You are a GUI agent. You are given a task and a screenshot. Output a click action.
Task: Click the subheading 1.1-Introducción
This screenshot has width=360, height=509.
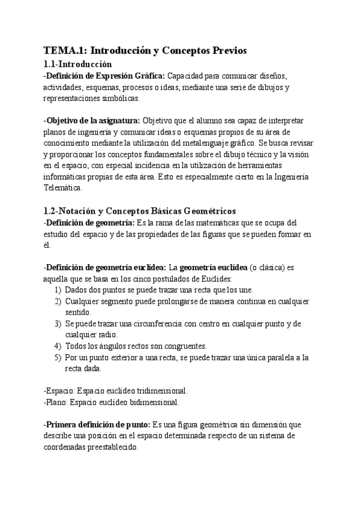click(x=78, y=64)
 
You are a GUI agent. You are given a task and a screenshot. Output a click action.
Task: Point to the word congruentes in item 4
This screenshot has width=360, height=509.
click(x=184, y=346)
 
